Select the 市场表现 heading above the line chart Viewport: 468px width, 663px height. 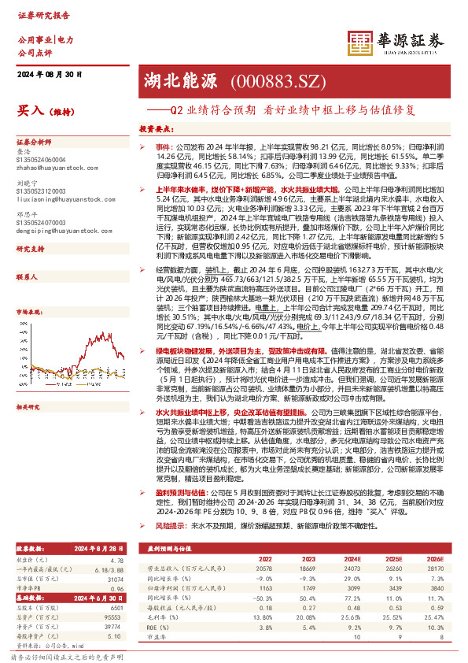pyautogui.click(x=28, y=288)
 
